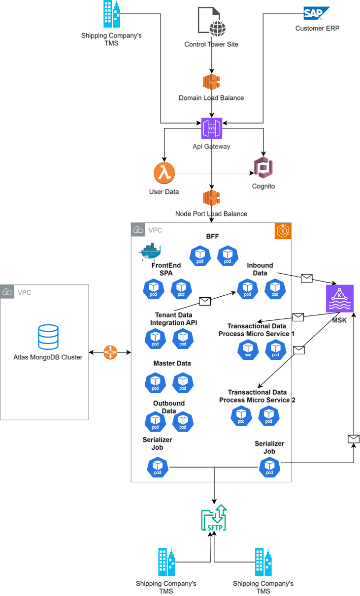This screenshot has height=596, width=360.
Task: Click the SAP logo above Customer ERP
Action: [x=316, y=13]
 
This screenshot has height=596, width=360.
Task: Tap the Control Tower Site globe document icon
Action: [x=211, y=22]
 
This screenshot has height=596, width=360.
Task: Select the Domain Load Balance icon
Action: [x=211, y=82]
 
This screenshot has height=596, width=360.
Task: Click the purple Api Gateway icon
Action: [x=211, y=128]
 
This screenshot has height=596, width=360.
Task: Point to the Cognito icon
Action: [x=263, y=169]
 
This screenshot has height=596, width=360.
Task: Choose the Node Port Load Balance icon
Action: [x=211, y=198]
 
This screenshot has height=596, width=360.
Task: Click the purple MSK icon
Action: [x=340, y=298]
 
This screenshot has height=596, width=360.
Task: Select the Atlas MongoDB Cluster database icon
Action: [x=48, y=337]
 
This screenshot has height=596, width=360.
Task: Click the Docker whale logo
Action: [x=150, y=251]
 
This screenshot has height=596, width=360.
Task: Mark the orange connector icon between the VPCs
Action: [x=110, y=352]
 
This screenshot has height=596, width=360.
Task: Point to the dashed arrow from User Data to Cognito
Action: [x=212, y=173]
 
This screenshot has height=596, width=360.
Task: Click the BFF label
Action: [x=212, y=236]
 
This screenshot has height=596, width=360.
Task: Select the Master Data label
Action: [x=172, y=363]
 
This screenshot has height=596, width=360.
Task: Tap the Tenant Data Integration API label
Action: [x=173, y=319]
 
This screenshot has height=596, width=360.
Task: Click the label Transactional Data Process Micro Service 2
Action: [x=257, y=396]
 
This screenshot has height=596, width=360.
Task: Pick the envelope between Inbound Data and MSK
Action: [x=307, y=279]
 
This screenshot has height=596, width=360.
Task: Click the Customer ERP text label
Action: [x=317, y=29]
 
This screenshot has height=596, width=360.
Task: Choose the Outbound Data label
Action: [x=169, y=407]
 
